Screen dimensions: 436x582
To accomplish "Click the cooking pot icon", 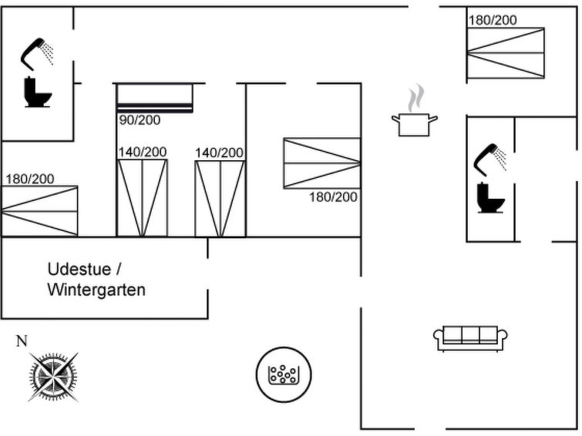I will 414,123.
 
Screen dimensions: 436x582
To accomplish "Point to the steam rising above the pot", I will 415,99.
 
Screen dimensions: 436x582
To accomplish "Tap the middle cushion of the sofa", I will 470,336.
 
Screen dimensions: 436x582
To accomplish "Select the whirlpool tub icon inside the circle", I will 283,375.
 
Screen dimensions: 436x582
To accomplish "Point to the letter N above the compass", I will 22,341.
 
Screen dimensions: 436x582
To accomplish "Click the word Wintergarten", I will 96,290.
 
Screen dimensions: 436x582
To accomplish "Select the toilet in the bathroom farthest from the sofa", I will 38,92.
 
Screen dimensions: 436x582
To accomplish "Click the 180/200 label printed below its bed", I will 333,197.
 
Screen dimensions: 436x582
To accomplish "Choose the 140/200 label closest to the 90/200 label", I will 142,153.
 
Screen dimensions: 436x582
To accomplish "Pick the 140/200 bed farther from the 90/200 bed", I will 220,198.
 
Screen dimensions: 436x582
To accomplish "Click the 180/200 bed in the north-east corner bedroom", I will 505,52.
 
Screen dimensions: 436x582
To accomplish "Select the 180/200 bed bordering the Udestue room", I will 39,210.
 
